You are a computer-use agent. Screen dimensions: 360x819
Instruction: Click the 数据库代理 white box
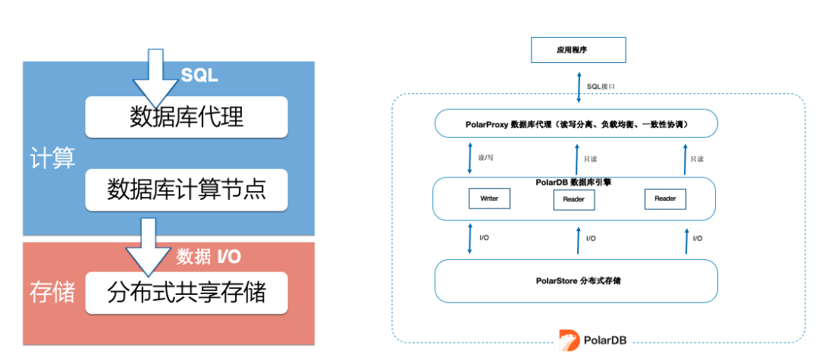[x=187, y=117]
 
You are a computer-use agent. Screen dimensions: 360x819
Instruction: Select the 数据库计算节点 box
[x=187, y=189]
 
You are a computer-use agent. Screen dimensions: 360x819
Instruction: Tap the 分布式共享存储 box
[x=187, y=292]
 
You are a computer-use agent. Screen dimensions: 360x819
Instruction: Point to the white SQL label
[x=199, y=76]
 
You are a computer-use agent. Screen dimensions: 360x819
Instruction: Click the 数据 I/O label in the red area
[x=209, y=257]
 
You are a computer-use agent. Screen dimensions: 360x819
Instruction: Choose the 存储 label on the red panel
[x=52, y=293]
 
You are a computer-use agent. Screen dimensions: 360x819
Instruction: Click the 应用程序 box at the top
[x=577, y=50]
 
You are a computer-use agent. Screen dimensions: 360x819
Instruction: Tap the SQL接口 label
[x=601, y=86]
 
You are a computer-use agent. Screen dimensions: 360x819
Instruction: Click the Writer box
[x=489, y=199]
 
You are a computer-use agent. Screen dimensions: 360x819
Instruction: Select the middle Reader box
[x=574, y=199]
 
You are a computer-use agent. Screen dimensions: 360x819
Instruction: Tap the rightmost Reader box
[x=665, y=199]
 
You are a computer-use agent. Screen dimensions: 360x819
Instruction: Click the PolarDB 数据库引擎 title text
[x=575, y=183]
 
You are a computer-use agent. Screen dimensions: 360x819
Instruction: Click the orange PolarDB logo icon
[x=569, y=340]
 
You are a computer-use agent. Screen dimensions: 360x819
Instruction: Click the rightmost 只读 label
[x=697, y=159]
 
